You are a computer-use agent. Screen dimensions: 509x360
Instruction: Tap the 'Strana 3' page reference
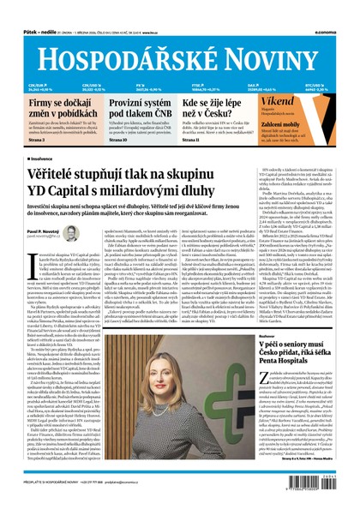[38, 140]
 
